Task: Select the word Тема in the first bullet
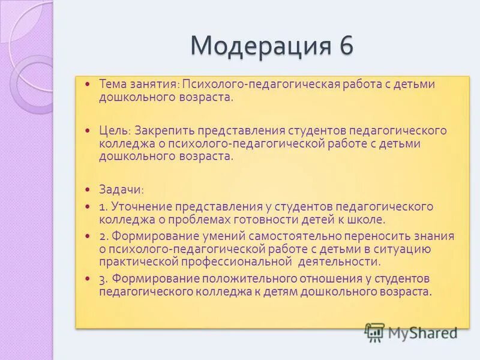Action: click(112, 84)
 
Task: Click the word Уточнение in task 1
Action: click(137, 206)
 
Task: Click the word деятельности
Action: click(340, 262)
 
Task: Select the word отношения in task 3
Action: click(325, 278)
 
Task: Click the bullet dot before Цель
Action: click(88, 130)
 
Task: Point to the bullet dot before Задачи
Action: click(88, 188)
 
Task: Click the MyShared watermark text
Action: click(423, 332)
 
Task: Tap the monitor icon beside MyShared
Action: click(375, 332)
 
